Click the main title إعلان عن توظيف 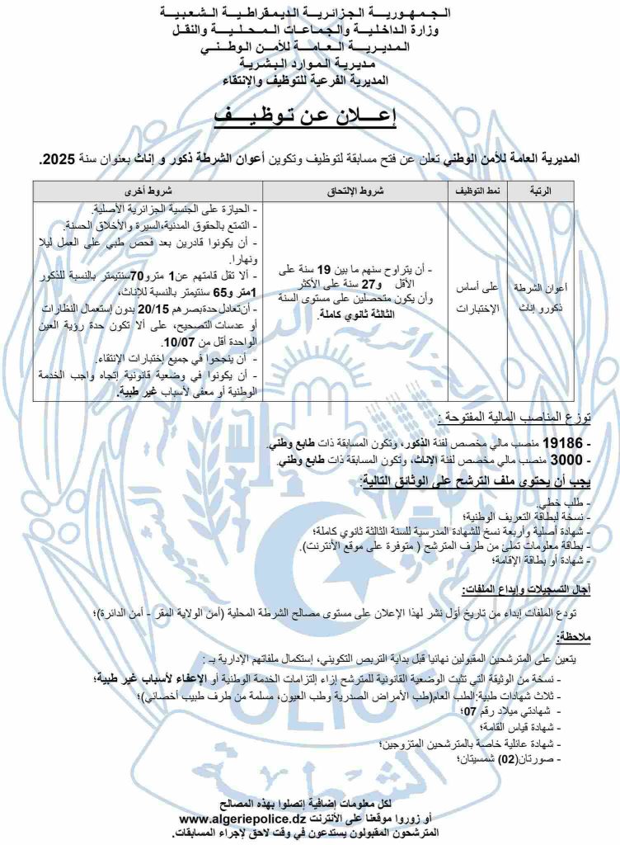(309, 116)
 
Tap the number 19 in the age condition (324, 268)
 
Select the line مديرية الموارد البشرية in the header (309, 63)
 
